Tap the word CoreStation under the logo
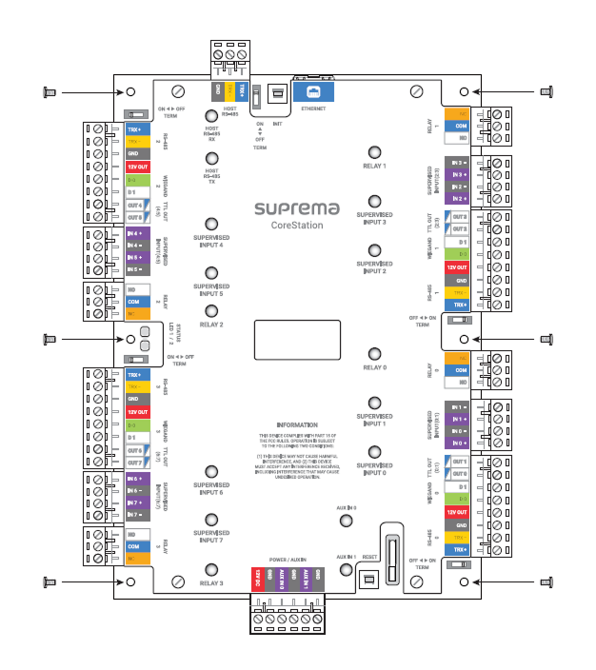point(297,227)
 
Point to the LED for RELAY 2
point(210,311)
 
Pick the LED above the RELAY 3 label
point(210,569)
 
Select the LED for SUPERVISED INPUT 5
point(210,273)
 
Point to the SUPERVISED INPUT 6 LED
point(210,473)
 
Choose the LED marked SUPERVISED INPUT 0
point(374,452)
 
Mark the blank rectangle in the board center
point(297,339)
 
